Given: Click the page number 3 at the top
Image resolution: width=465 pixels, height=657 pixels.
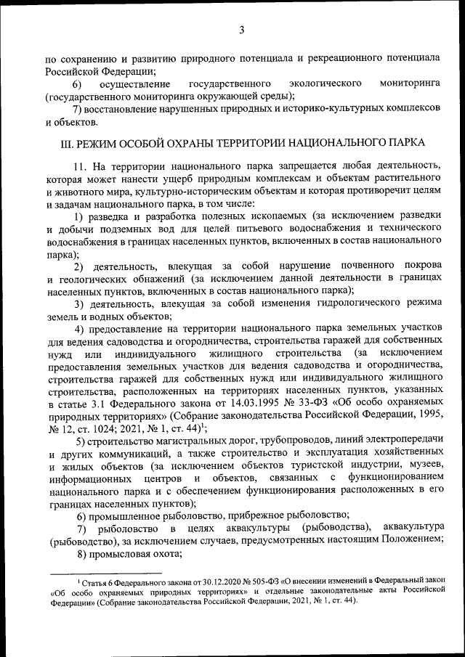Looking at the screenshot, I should click(240, 30).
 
